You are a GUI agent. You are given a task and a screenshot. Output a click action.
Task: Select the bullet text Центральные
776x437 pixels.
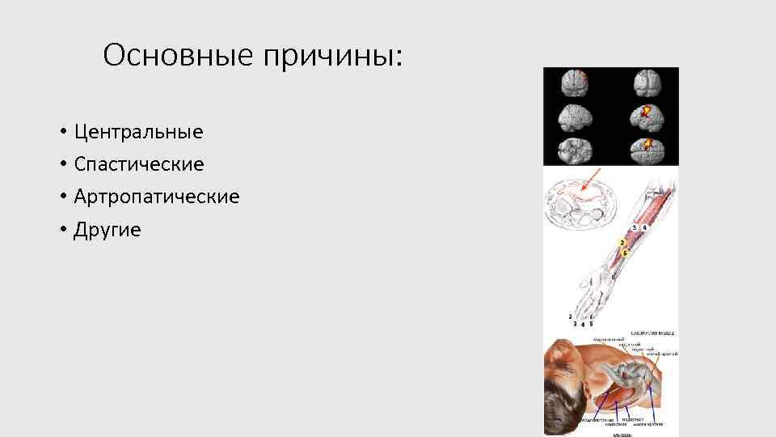[x=138, y=131]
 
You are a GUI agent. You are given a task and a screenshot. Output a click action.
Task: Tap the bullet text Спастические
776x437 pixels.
[x=138, y=164]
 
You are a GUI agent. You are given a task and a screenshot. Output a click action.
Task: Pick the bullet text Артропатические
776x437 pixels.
[x=156, y=197]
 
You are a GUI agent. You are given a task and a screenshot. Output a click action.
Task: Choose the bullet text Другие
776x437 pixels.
[x=107, y=230]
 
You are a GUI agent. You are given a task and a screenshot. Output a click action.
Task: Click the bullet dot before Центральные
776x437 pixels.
[x=62, y=132]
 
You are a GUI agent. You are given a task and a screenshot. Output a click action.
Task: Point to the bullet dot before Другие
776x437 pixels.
[x=62, y=231]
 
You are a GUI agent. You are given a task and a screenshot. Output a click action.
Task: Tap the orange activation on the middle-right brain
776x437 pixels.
[x=646, y=111]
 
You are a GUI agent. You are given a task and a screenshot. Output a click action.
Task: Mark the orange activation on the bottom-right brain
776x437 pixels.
[x=647, y=144]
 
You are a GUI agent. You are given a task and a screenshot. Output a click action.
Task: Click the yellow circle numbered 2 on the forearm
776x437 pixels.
[x=621, y=243]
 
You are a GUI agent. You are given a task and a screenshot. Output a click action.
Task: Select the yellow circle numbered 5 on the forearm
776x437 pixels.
[x=625, y=252]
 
